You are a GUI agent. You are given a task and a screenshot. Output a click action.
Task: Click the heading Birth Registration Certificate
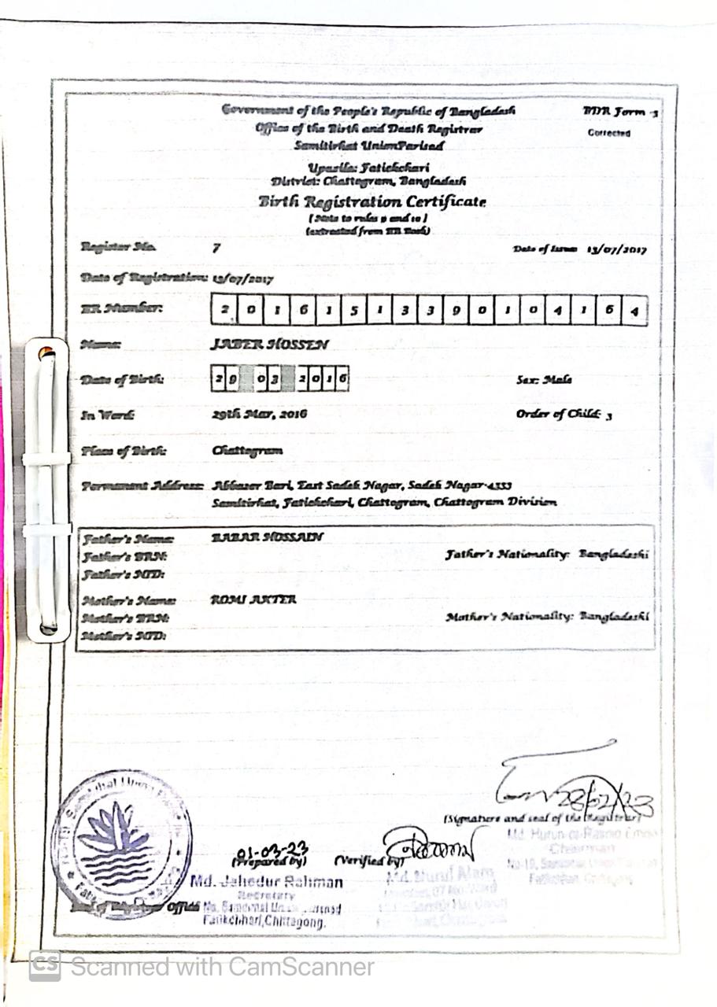point(371,201)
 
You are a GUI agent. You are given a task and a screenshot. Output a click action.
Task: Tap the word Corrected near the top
point(608,133)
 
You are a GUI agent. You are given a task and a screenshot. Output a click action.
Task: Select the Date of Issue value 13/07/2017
point(616,249)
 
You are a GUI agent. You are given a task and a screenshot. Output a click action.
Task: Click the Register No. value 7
point(216,249)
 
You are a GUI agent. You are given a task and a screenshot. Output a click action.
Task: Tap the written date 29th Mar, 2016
point(259,414)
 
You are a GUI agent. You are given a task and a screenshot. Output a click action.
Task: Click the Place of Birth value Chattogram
point(247,451)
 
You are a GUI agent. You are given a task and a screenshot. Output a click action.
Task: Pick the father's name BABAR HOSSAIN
point(268,537)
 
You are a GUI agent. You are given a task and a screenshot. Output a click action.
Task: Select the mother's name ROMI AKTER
point(253,599)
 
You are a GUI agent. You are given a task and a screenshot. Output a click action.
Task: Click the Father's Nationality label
point(507,555)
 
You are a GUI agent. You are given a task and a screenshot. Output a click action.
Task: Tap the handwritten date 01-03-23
point(272,850)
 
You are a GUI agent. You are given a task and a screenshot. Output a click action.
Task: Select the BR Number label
point(122,309)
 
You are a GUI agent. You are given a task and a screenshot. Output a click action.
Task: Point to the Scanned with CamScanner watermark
point(202,966)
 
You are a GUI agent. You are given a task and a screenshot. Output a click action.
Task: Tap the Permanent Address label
point(142,486)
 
